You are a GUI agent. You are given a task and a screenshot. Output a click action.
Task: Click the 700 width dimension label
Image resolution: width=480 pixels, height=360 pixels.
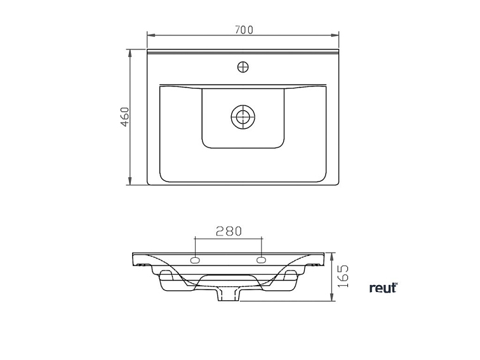pyautogui.click(x=244, y=30)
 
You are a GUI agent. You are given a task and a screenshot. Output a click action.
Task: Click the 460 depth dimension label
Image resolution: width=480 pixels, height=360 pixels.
pyautogui.click(x=125, y=117)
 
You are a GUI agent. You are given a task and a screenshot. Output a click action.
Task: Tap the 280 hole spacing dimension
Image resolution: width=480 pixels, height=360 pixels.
pyautogui.click(x=229, y=231)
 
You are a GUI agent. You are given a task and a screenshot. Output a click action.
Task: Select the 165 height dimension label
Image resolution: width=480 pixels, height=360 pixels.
pyautogui.click(x=343, y=276)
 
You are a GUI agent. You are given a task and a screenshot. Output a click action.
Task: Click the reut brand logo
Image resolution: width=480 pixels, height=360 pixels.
pyautogui.click(x=383, y=288)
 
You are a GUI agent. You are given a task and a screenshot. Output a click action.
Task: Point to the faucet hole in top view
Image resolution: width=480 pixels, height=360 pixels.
pyautogui.click(x=243, y=67)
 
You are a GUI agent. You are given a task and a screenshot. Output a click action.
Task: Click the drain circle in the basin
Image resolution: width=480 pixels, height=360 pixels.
pyautogui.click(x=243, y=117)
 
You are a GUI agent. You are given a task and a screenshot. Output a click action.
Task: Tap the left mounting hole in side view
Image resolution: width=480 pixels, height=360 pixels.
pyautogui.click(x=195, y=260)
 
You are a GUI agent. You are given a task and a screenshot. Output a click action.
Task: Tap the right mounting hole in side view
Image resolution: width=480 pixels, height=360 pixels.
pyautogui.click(x=261, y=260)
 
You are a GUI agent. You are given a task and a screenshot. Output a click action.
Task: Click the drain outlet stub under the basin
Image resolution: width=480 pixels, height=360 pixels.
pyautogui.click(x=229, y=295)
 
